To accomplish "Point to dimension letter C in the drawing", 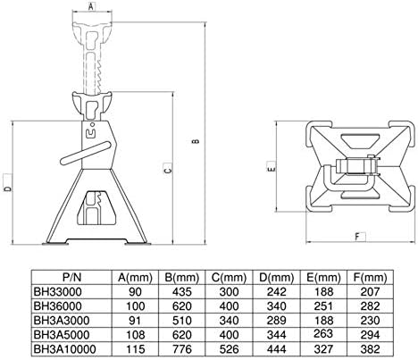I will tap(166, 169).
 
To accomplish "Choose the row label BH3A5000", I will tap(63, 332).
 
